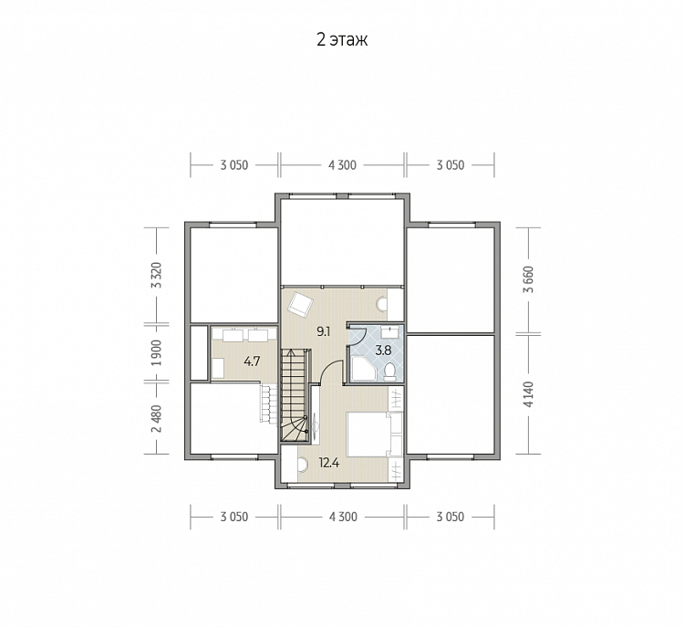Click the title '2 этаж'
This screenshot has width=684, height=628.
point(342,39)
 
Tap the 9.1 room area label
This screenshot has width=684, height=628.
point(323,331)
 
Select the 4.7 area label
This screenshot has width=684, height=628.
point(252,361)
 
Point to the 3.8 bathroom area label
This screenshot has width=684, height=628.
point(383,351)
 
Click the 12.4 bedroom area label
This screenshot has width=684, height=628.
point(329,462)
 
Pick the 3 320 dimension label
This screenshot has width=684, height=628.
point(156,275)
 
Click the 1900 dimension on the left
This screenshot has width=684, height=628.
point(156,353)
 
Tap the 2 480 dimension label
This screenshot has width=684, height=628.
point(156,419)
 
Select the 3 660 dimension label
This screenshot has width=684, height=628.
point(528,279)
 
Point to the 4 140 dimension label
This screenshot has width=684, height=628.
point(528,394)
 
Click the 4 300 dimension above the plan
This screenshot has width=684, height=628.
point(342,165)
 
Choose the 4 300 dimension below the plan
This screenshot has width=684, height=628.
point(343,517)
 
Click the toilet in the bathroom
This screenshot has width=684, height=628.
point(389,371)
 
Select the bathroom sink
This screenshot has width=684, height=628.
point(389,331)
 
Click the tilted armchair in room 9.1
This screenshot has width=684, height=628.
point(301,303)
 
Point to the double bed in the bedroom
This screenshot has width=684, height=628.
point(368,434)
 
